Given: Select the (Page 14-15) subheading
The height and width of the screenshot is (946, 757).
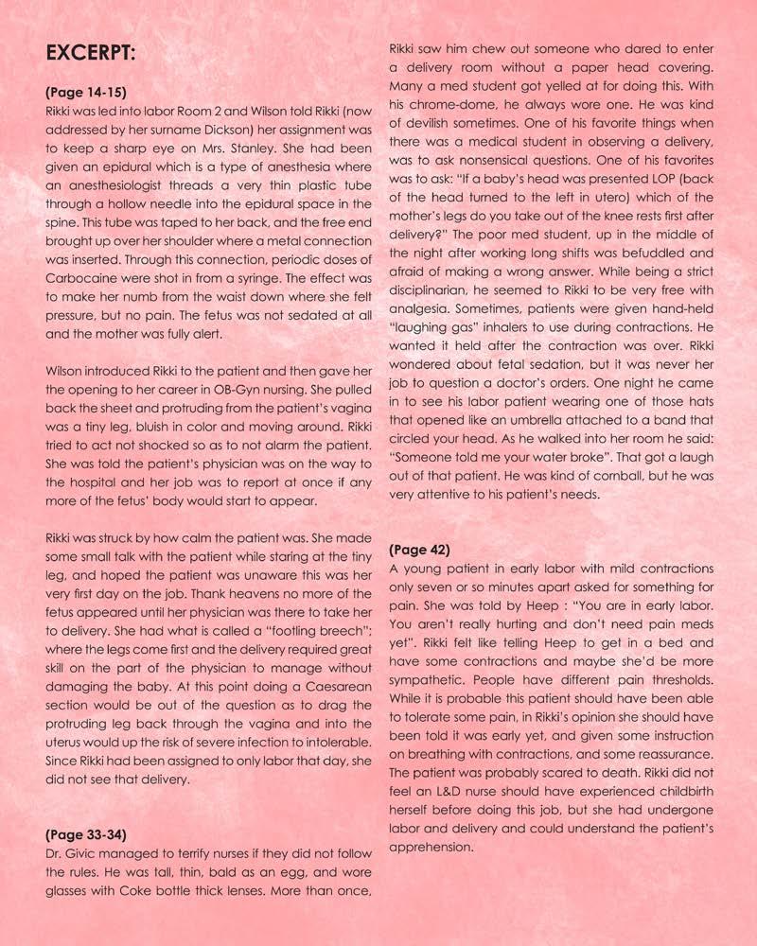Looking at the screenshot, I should (x=85, y=93).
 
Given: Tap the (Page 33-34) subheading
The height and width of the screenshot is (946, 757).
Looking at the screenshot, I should (x=85, y=835).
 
